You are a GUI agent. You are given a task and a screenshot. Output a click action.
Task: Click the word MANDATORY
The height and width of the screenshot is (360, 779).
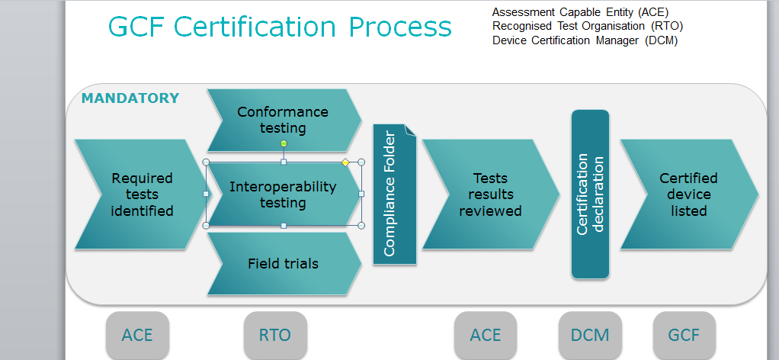130,98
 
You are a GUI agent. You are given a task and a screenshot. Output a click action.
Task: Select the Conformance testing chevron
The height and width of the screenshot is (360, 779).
284,120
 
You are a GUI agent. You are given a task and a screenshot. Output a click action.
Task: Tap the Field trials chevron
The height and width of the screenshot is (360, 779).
284,264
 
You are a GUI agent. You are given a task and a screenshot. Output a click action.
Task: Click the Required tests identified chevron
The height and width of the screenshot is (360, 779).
142,194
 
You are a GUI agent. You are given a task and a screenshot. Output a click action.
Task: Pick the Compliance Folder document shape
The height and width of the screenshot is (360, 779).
395,194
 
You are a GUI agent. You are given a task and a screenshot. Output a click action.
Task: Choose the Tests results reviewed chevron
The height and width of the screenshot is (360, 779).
490,194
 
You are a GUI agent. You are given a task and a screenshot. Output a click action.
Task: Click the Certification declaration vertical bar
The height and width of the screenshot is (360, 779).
590,194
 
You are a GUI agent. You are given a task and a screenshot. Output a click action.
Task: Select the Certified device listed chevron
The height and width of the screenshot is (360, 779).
689,194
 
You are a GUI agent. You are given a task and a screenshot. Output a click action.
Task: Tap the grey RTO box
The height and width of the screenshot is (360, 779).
275,335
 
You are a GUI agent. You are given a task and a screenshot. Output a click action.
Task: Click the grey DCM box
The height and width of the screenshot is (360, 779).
590,335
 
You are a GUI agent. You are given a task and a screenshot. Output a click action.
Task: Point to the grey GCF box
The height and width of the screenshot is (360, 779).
684,335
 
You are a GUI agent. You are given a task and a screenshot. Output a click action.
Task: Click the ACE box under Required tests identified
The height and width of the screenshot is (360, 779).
137,335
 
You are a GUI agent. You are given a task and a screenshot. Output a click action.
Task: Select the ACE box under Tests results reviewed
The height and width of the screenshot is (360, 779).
486,335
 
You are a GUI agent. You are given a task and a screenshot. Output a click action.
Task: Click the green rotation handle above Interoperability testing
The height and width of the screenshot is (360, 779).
284,143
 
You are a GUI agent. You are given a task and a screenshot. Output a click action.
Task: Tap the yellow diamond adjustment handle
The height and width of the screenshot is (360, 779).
345,162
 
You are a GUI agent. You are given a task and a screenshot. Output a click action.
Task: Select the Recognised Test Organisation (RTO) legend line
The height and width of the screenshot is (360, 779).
588,27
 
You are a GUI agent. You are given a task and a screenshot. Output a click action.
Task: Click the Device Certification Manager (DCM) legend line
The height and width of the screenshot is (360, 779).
585,40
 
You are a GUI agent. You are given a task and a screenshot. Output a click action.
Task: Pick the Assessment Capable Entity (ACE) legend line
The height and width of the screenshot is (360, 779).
580,12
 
